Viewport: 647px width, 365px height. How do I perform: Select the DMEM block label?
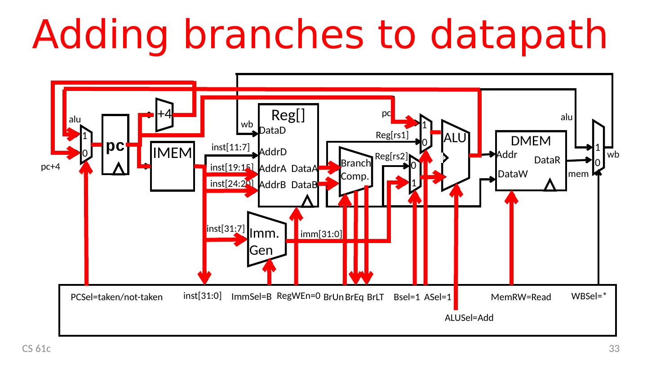click(531, 141)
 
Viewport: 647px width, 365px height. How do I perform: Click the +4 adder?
click(164, 114)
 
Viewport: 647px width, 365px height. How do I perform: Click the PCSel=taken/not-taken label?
click(117, 297)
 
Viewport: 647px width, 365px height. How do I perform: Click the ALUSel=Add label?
click(469, 318)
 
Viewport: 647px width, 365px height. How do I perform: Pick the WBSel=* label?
click(589, 296)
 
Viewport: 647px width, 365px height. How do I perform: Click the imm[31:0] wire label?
click(321, 234)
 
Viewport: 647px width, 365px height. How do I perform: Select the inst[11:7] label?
click(230, 147)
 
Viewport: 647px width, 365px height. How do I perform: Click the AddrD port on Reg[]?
click(273, 151)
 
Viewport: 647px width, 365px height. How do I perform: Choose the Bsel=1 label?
click(406, 297)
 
